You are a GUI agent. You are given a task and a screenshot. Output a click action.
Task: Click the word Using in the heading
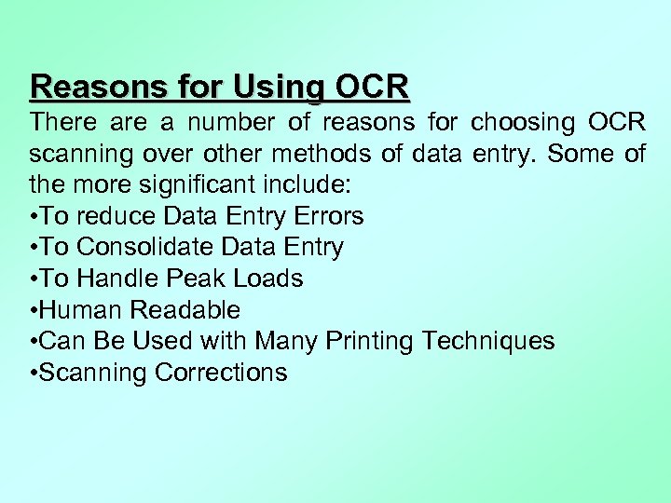[279, 87]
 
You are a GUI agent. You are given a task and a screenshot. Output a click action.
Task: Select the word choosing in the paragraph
[523, 122]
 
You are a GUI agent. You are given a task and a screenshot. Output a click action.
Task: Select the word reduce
[116, 216]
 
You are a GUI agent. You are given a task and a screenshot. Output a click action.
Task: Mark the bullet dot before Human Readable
[34, 310]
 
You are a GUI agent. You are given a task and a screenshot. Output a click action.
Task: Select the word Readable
[185, 310]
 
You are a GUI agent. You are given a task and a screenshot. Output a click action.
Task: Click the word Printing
[370, 342]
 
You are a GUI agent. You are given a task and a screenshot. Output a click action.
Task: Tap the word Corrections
[221, 373]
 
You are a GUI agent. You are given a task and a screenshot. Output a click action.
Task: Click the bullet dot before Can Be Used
[34, 342]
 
